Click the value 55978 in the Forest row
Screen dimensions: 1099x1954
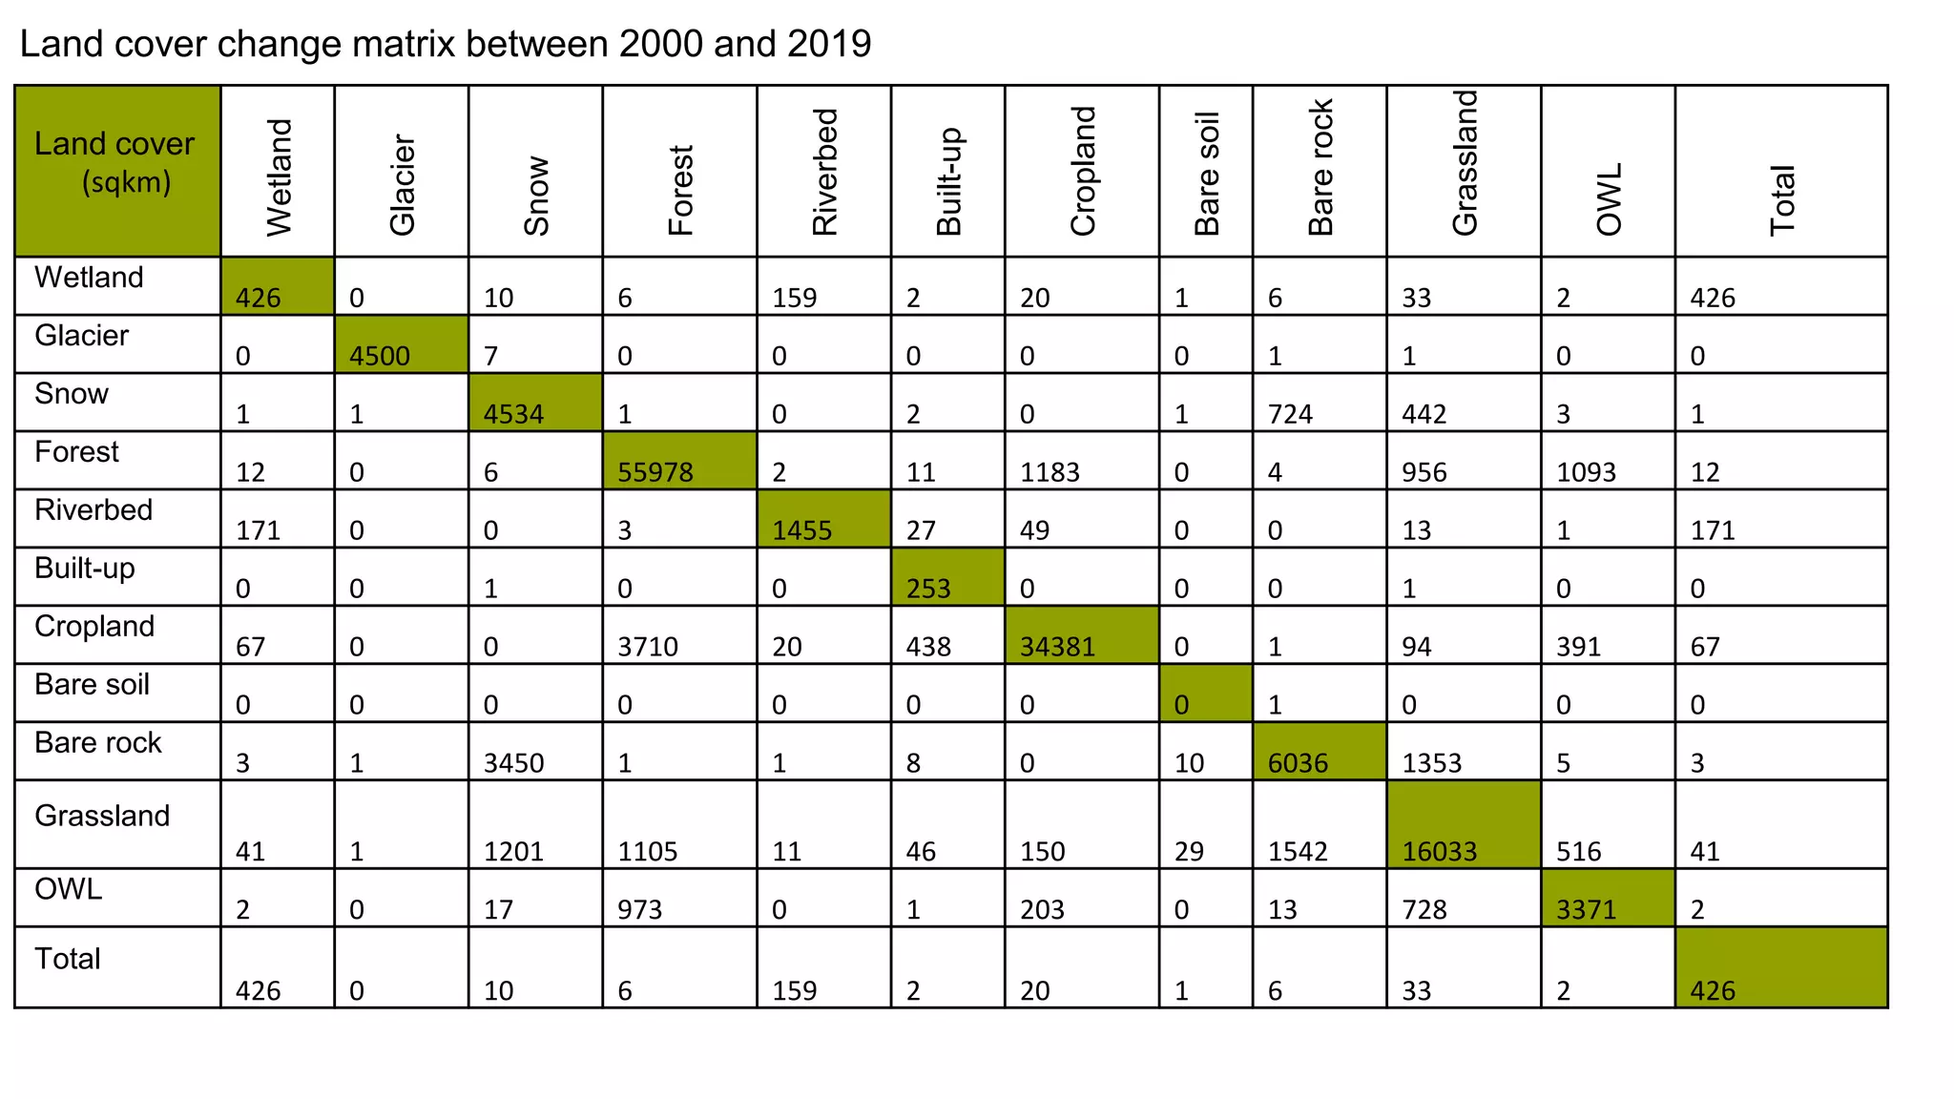(655, 472)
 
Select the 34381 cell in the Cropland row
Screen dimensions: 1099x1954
(1057, 647)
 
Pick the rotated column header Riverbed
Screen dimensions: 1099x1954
(824, 172)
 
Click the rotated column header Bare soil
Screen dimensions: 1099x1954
(1207, 174)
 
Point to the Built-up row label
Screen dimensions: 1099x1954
(85, 569)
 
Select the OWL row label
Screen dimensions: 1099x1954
(68, 889)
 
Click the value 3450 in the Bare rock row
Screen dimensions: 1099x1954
(513, 763)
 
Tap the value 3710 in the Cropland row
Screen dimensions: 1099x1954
(647, 647)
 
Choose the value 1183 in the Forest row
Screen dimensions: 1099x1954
(1050, 472)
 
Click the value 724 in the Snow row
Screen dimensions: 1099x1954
(1290, 414)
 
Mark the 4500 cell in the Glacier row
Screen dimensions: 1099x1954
(379, 356)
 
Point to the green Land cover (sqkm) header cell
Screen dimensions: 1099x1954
(116, 170)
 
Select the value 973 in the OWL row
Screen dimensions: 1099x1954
(639, 909)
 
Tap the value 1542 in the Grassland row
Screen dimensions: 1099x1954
(1298, 851)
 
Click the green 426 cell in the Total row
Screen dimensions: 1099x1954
(1713, 990)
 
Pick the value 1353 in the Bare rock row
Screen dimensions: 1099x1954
(1431, 763)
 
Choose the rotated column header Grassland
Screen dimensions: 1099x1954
(1465, 162)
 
